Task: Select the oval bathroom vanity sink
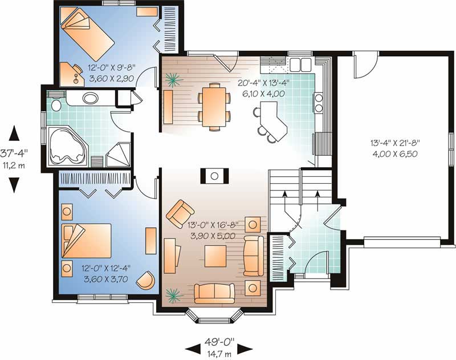pos(90,98)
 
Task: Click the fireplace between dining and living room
pos(214,175)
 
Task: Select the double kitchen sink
pos(300,63)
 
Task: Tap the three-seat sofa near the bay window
pos(214,293)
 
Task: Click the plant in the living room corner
pos(173,295)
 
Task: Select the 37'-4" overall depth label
pos(14,157)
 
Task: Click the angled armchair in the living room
pos(179,213)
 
